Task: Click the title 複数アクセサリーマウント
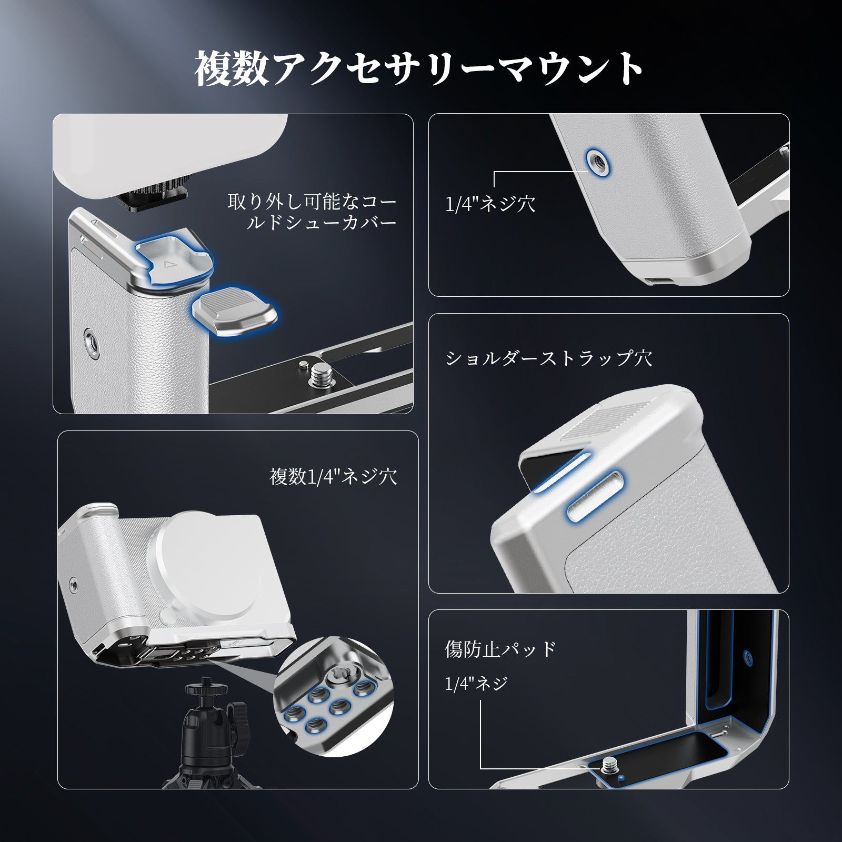click(420, 68)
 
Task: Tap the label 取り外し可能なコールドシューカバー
click(312, 212)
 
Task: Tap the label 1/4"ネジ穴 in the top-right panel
click(490, 204)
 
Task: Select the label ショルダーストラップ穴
click(549, 358)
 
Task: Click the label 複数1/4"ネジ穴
click(333, 477)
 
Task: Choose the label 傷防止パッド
click(500, 649)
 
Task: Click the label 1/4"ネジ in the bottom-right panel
click(476, 684)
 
